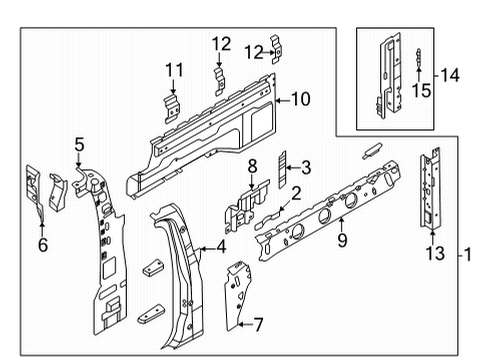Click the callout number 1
tap(466, 255)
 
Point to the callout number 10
tap(300, 98)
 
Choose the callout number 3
tap(306, 167)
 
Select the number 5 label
tap(79, 145)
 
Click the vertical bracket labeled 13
tap(431, 191)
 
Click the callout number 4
tap(220, 249)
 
